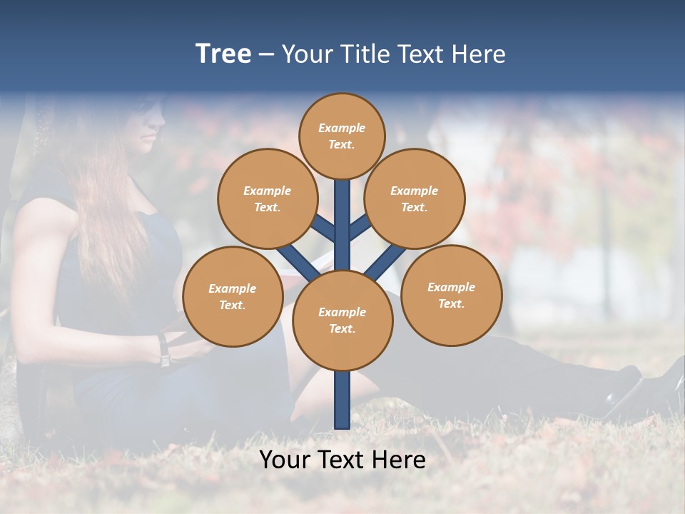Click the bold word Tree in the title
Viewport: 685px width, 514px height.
[223, 54]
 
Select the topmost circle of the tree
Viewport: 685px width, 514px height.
[342, 136]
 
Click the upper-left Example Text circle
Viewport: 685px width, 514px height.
[267, 198]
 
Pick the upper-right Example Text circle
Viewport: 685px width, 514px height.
[414, 198]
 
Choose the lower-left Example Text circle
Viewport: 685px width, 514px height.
[232, 296]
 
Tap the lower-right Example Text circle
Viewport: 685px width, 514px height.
[451, 295]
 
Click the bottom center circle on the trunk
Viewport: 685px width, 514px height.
[342, 320]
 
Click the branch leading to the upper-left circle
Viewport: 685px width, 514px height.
[323, 228]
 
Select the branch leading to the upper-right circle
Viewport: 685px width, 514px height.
[360, 228]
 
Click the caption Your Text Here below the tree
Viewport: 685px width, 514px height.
[342, 460]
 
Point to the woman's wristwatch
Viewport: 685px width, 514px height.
[164, 350]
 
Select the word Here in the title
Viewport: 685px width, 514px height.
[480, 54]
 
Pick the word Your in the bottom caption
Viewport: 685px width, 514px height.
[283, 460]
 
